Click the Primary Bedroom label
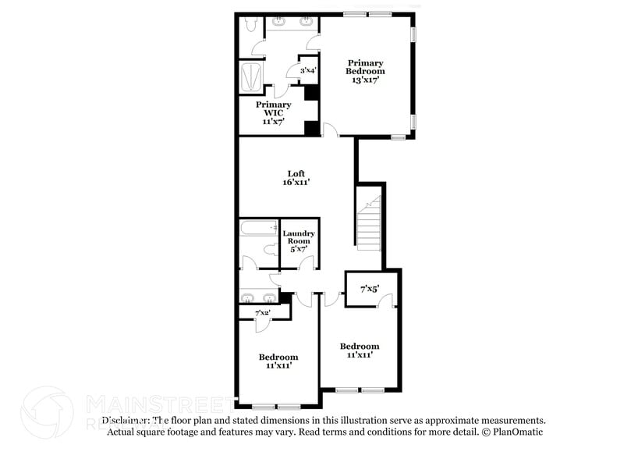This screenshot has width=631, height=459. pos(366,71)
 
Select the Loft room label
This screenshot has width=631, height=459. pos(296,178)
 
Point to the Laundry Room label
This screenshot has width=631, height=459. pos(299,241)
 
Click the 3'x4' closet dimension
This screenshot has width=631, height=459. pos(308,71)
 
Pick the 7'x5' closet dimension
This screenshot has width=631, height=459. pos(369,289)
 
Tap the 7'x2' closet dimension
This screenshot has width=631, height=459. pos(263,313)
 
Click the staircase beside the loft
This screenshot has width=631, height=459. pos(368,222)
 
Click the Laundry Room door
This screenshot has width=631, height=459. pos(306,263)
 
